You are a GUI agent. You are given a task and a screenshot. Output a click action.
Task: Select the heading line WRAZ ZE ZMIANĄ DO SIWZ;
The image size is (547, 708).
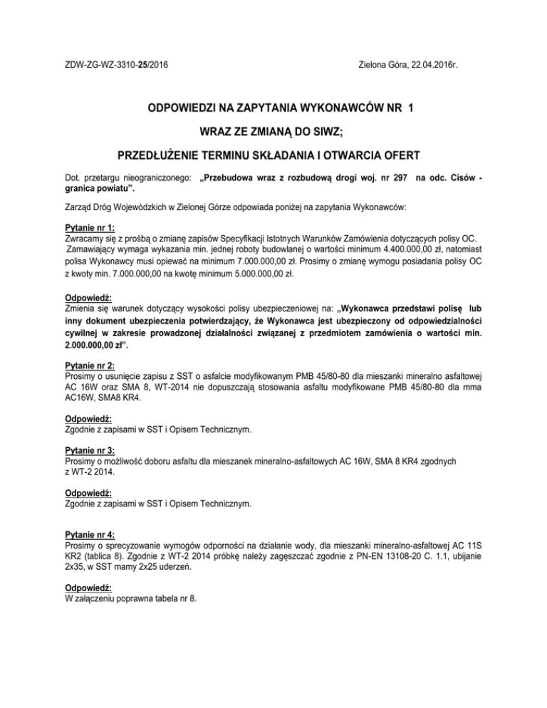coord(273,132)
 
